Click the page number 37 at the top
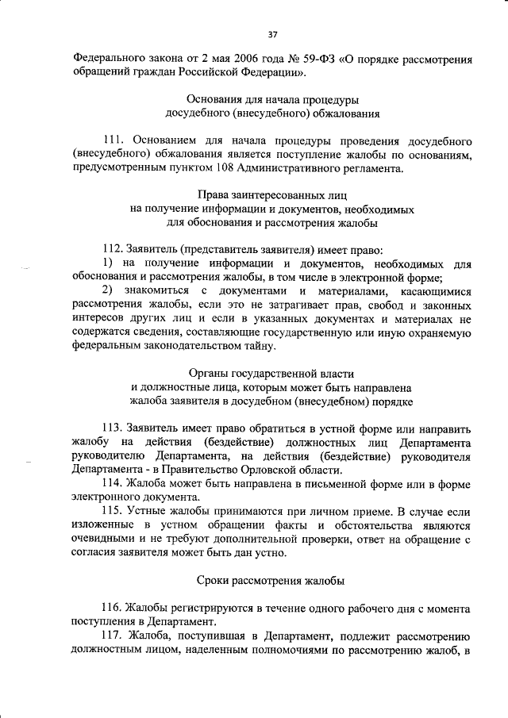pyautogui.click(x=272, y=34)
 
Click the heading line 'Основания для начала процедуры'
pyautogui.click(x=272, y=100)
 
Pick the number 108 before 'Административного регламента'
pyautogui.click(x=228, y=167)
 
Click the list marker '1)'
pyautogui.click(x=110, y=263)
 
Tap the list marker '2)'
pyautogui.click(x=110, y=290)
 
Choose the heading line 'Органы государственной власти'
pyautogui.click(x=272, y=373)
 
